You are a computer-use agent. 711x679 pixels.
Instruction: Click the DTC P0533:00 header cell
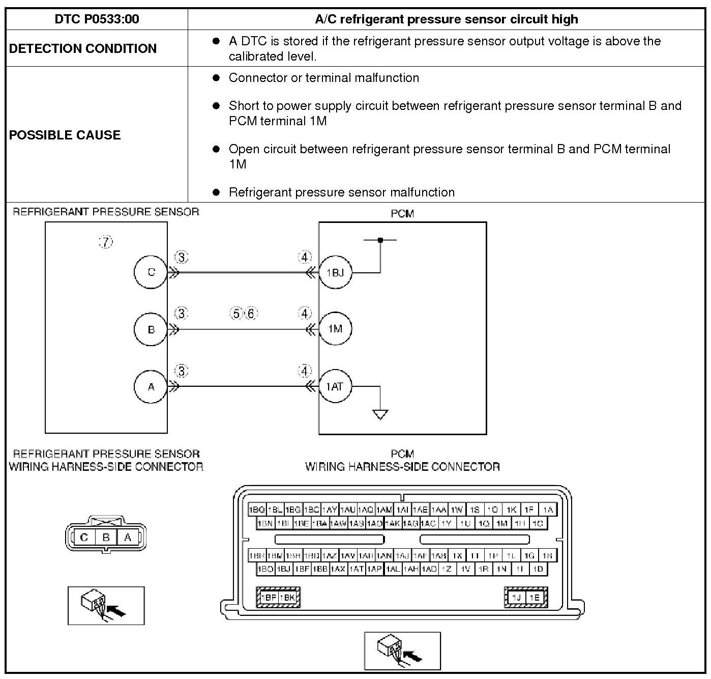tap(97, 19)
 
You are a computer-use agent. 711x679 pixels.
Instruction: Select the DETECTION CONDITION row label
tap(83, 48)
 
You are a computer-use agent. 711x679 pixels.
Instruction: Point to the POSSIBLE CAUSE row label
tap(65, 135)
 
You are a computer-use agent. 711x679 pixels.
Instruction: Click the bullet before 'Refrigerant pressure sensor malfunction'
tap(216, 192)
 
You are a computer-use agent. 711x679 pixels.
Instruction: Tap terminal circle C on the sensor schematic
tap(151, 272)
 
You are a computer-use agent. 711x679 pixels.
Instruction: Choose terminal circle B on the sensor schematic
tap(151, 329)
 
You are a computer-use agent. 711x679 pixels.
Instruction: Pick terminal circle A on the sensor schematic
tap(151, 387)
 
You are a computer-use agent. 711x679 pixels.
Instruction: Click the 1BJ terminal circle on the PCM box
tap(335, 273)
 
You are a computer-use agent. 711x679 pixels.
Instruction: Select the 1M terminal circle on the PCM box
tap(335, 329)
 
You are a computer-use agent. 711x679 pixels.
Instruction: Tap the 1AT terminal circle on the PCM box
tap(335, 387)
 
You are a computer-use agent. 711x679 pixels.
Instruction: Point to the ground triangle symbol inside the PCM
tap(380, 414)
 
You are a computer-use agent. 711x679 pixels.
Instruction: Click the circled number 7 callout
tap(106, 242)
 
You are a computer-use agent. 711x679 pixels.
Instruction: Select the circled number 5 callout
tap(236, 314)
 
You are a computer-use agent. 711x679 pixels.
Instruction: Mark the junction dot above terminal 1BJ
tap(380, 239)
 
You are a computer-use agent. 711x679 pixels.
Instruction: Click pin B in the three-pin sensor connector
tap(106, 537)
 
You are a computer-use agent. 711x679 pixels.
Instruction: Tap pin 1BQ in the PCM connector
tap(257, 510)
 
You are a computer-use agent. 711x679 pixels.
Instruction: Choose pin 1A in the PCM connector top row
tap(547, 510)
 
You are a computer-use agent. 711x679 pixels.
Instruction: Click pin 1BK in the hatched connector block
tap(288, 598)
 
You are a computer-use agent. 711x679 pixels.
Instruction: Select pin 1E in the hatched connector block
tap(535, 598)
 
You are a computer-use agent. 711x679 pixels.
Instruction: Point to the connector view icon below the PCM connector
tap(402, 651)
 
